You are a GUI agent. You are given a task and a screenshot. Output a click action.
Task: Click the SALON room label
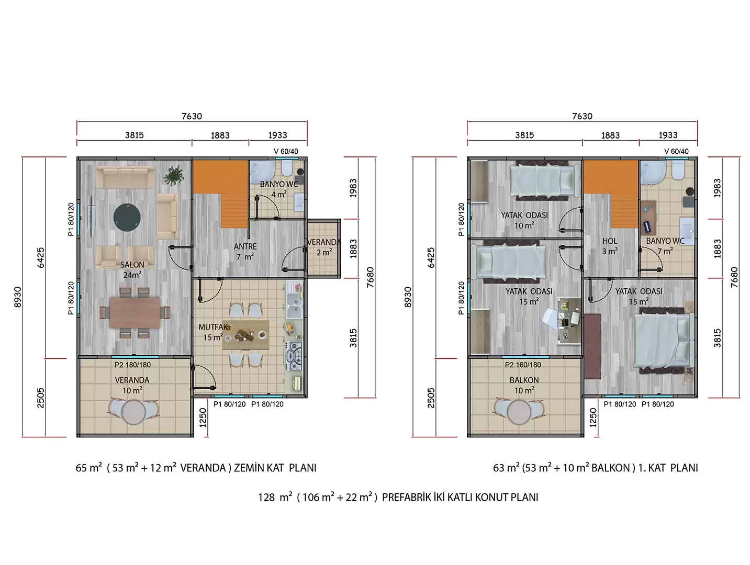coord(132,265)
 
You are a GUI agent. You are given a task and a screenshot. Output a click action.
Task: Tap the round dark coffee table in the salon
coord(127,218)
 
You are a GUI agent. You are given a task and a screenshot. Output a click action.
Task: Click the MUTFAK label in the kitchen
coord(213,327)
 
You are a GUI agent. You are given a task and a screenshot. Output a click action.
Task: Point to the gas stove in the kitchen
coord(294,356)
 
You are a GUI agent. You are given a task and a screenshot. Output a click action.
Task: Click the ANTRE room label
coord(245,246)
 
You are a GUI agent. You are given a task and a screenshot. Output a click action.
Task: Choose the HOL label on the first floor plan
coord(610,241)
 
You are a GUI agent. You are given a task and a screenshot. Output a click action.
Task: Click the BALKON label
coord(524,380)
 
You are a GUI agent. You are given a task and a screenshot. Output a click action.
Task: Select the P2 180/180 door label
coord(132,365)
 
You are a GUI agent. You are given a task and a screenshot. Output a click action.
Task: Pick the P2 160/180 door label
coord(523,365)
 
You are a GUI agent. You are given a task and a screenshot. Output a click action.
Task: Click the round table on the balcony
coord(519,412)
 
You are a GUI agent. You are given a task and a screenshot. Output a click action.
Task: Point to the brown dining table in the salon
coord(135,312)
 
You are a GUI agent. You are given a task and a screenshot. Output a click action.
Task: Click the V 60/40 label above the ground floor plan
coord(286,151)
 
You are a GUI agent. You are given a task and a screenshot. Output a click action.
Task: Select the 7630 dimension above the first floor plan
coord(582,116)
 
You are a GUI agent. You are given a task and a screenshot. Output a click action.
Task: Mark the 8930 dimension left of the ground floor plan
coord(18,297)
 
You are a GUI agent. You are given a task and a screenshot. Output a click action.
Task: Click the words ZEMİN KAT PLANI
coord(275,468)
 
